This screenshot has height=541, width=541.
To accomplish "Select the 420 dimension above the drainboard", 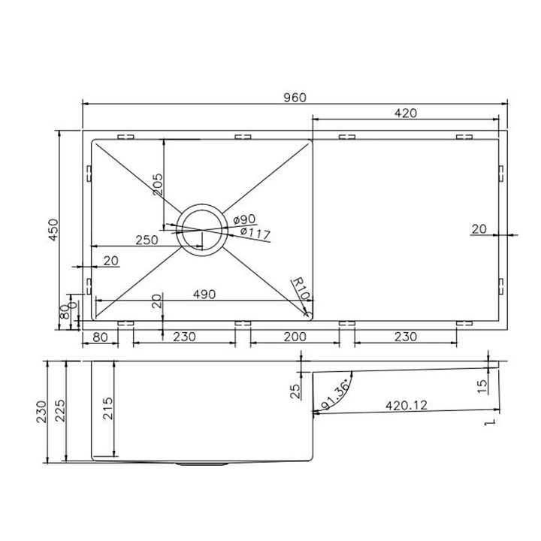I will pyautogui.click(x=405, y=113).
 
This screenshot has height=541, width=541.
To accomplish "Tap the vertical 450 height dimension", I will pyautogui.click(x=53, y=229).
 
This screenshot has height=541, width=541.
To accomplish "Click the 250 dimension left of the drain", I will pyautogui.click(x=146, y=240).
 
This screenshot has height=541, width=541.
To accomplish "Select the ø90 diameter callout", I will pyautogui.click(x=244, y=219).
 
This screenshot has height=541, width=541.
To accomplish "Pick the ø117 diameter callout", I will pyautogui.click(x=255, y=234).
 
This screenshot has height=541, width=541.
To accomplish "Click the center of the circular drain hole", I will pyautogui.click(x=201, y=229).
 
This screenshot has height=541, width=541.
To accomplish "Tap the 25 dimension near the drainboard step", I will pyautogui.click(x=295, y=391).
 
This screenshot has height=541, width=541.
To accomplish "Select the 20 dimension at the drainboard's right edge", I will pyautogui.click(x=479, y=229).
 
